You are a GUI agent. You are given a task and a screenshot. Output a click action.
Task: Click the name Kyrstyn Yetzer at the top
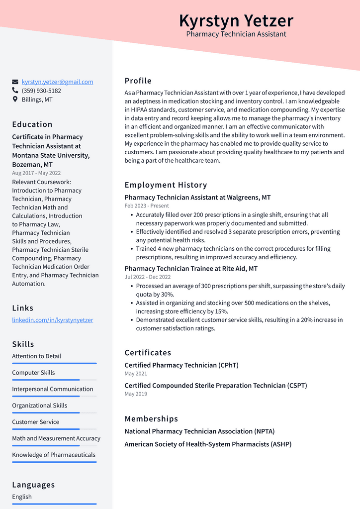click(236, 21)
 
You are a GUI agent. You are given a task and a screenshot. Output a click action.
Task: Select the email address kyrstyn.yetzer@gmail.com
click(57, 82)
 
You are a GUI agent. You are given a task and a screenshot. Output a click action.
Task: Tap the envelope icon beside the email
click(15, 82)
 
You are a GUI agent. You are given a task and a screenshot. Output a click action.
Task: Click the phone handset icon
click(15, 91)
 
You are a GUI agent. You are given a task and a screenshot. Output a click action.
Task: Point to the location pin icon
click(15, 100)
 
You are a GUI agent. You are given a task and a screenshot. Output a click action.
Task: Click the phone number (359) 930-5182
click(41, 91)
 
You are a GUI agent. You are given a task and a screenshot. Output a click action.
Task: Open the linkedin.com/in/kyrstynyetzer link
click(52, 320)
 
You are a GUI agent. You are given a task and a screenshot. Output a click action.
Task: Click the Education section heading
click(32, 124)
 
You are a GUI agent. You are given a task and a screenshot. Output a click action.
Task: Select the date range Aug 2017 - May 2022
click(36, 173)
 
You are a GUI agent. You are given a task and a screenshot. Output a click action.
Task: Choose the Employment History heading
click(166, 185)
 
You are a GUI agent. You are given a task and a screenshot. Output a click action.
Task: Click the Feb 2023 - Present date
click(147, 205)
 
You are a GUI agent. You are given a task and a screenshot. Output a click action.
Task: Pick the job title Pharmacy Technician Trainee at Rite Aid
click(191, 269)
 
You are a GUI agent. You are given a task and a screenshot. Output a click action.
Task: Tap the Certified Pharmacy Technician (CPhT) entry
click(181, 365)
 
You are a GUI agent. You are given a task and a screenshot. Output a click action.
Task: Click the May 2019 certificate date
click(136, 394)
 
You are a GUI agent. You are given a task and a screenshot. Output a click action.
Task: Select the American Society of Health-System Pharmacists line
click(208, 444)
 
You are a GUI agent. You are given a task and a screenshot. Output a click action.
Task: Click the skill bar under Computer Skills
click(54, 380)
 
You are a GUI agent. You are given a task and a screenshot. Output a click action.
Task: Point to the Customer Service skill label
click(36, 422)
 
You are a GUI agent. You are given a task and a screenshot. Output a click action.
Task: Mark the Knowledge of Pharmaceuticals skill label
click(54, 455)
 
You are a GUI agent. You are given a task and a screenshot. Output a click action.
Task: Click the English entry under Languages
click(22, 497)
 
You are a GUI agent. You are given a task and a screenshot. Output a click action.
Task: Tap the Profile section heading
click(138, 81)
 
